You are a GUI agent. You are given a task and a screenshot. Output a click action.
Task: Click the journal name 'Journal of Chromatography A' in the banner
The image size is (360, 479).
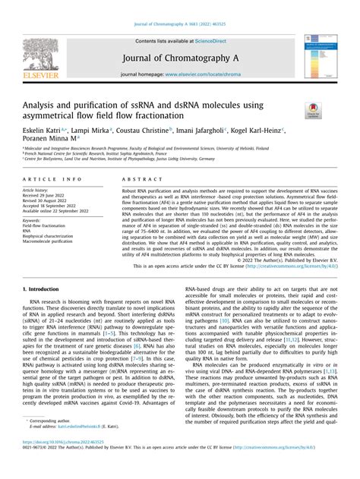pyautogui.click(x=179, y=57)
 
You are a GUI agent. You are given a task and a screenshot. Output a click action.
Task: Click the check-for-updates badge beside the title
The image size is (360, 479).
pyautogui.click(x=311, y=112)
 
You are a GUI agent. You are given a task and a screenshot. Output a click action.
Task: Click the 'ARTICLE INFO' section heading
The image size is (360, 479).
pyautogui.click(x=51, y=179)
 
